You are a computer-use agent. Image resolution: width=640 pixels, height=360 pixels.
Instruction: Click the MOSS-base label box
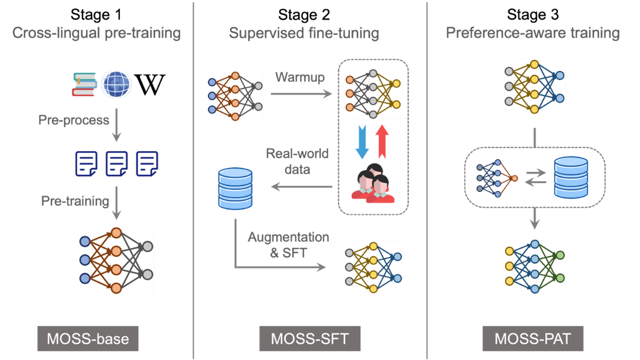[x=88, y=339]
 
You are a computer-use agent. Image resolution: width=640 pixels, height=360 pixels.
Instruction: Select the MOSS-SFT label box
[x=310, y=339]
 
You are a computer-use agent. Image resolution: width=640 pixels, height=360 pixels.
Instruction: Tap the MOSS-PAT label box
[x=532, y=339]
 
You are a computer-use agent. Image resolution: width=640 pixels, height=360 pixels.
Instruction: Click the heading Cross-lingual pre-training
[x=96, y=33]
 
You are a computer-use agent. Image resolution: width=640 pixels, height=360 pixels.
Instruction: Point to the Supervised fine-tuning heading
[x=304, y=33]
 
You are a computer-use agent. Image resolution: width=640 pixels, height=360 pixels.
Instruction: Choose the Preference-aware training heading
[x=533, y=33]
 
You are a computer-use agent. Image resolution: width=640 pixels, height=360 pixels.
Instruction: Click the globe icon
[x=116, y=85]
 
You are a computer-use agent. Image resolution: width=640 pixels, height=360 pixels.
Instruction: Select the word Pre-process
[x=74, y=121]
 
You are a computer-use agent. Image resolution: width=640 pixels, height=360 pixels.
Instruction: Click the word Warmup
[x=300, y=77]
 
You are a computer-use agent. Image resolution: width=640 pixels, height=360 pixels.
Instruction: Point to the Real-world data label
[x=297, y=162]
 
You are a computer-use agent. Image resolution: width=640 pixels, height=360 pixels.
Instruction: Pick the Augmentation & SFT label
[x=288, y=245]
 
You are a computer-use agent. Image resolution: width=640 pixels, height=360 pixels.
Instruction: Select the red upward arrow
[x=382, y=142]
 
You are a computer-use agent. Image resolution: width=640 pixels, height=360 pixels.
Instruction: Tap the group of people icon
[x=372, y=183]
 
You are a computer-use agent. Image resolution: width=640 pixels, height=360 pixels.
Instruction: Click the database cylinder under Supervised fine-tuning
[x=235, y=189]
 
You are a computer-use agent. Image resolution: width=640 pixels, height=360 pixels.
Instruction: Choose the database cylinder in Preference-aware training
[x=570, y=177]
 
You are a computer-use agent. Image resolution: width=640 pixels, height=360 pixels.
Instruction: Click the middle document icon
[x=117, y=163]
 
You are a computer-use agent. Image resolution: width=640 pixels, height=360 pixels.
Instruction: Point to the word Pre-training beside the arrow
[x=75, y=201]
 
